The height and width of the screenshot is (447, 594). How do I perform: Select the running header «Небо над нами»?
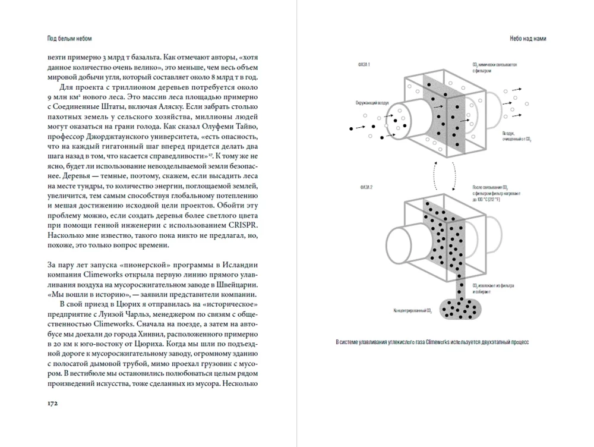(x=527, y=39)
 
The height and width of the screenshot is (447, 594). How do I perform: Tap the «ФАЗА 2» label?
(x=365, y=188)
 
